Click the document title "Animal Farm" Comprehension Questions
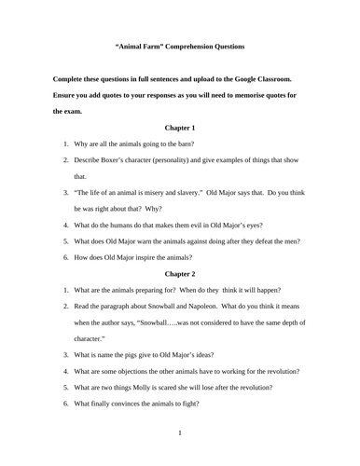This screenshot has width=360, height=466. pos(179,46)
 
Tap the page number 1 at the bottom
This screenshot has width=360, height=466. pos(180,433)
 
